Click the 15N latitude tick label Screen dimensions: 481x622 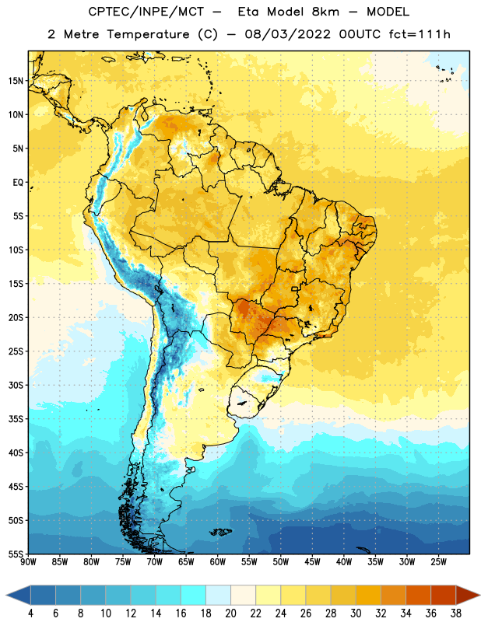click(16, 81)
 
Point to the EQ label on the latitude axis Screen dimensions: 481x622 click(18, 183)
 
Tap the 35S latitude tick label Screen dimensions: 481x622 click(16, 419)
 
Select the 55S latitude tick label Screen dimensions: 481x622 click(16, 554)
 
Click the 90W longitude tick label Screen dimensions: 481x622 click(28, 562)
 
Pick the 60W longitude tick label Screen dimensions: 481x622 click(218, 562)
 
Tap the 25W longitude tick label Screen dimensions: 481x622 click(438, 562)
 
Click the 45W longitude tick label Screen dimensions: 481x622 click(312, 562)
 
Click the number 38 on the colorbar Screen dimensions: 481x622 click(456, 613)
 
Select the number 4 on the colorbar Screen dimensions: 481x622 click(30, 613)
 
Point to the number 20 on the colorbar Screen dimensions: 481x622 click(230, 613)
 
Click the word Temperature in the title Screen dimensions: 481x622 click(148, 34)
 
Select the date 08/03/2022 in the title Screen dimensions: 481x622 click(287, 34)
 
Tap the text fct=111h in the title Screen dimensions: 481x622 click(420, 34)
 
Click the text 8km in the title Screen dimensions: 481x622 click(325, 12)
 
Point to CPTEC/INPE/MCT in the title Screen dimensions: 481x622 click(146, 12)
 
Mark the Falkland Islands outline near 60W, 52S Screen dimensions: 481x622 click(221, 532)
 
